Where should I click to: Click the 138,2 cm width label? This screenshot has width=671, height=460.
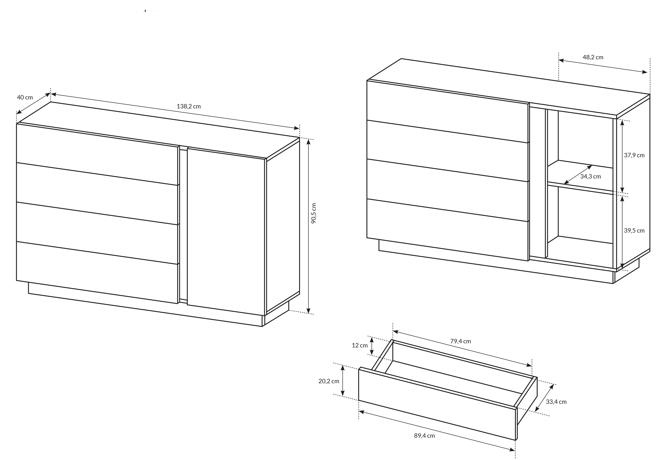(189, 106)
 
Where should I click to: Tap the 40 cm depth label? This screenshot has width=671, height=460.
(25, 97)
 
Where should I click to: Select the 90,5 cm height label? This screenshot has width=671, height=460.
(314, 213)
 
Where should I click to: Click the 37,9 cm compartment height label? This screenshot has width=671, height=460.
(634, 155)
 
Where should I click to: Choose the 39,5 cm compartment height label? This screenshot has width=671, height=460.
(634, 231)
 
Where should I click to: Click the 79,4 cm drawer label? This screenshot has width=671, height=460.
(461, 341)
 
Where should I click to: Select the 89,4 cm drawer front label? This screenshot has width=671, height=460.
(424, 436)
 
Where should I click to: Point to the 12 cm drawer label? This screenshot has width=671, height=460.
(360, 345)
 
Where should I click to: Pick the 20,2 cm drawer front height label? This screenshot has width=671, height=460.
(329, 381)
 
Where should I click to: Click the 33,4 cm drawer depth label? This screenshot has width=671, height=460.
(556, 402)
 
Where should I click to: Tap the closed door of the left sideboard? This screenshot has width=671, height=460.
(226, 232)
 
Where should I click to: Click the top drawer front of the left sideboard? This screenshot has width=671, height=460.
(97, 154)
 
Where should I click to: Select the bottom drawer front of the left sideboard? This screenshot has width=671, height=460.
(97, 273)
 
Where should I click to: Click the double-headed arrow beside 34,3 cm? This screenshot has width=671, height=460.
(578, 175)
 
